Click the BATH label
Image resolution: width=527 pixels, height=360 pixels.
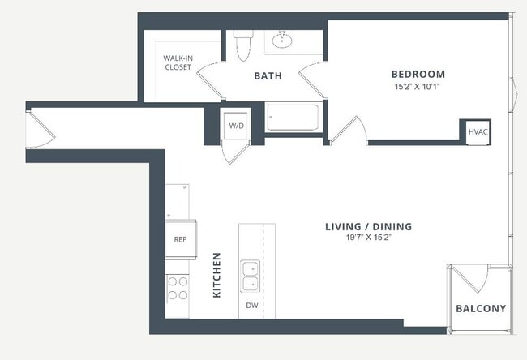[268, 76]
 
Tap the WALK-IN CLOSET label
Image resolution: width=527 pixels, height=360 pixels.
[178, 62]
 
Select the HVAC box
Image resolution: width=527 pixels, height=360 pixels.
[478, 130]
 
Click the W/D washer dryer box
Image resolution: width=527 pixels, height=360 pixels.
[237, 126]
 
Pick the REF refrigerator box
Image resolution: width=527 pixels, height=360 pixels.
[179, 240]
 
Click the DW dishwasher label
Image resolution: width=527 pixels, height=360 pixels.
[252, 306]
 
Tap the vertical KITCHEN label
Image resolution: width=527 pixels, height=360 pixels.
[216, 274]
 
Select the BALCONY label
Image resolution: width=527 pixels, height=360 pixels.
[481, 308]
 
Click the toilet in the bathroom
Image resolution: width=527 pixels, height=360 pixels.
[242, 47]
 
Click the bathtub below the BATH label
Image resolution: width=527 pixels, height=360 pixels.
[293, 117]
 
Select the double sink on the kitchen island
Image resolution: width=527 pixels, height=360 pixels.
[251, 276]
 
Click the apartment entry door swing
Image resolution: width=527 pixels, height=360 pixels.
[41, 130]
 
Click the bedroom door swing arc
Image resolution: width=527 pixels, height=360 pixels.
[350, 130]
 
